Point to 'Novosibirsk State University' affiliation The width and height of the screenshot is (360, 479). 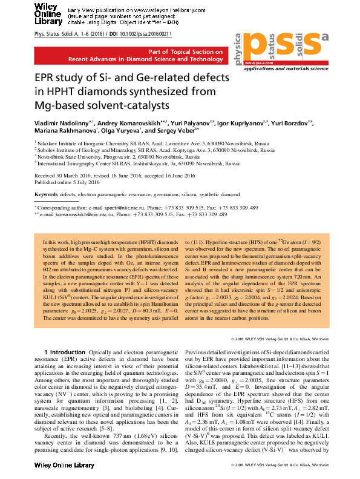[76, 156]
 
